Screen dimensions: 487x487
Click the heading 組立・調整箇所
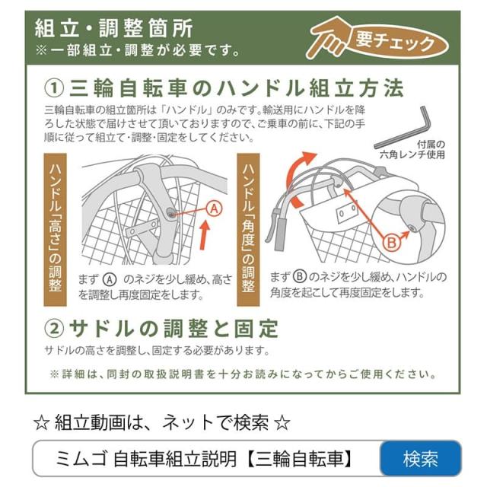click(114, 28)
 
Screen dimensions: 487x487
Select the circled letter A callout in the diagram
click(214, 208)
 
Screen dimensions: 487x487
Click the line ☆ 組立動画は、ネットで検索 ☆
click(162, 422)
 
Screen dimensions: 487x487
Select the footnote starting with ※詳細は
click(243, 374)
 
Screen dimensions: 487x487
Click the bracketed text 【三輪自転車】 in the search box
click(305, 459)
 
